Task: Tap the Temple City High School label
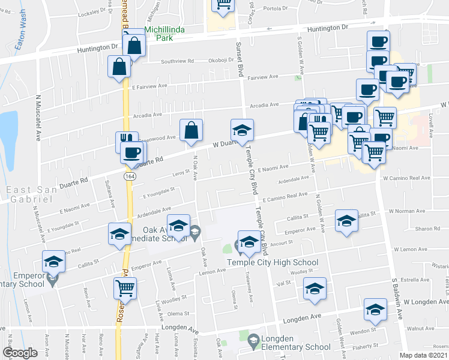[x=273, y=262]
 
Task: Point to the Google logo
[x=20, y=353]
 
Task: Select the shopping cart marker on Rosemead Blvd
[x=125, y=288]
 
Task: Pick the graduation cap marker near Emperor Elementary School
[x=53, y=261]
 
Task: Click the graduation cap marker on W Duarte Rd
[x=243, y=130]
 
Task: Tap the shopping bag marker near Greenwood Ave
[x=191, y=130]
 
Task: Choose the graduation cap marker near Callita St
[x=346, y=221]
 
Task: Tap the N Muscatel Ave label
[x=38, y=117]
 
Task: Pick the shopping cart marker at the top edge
[x=223, y=5]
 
